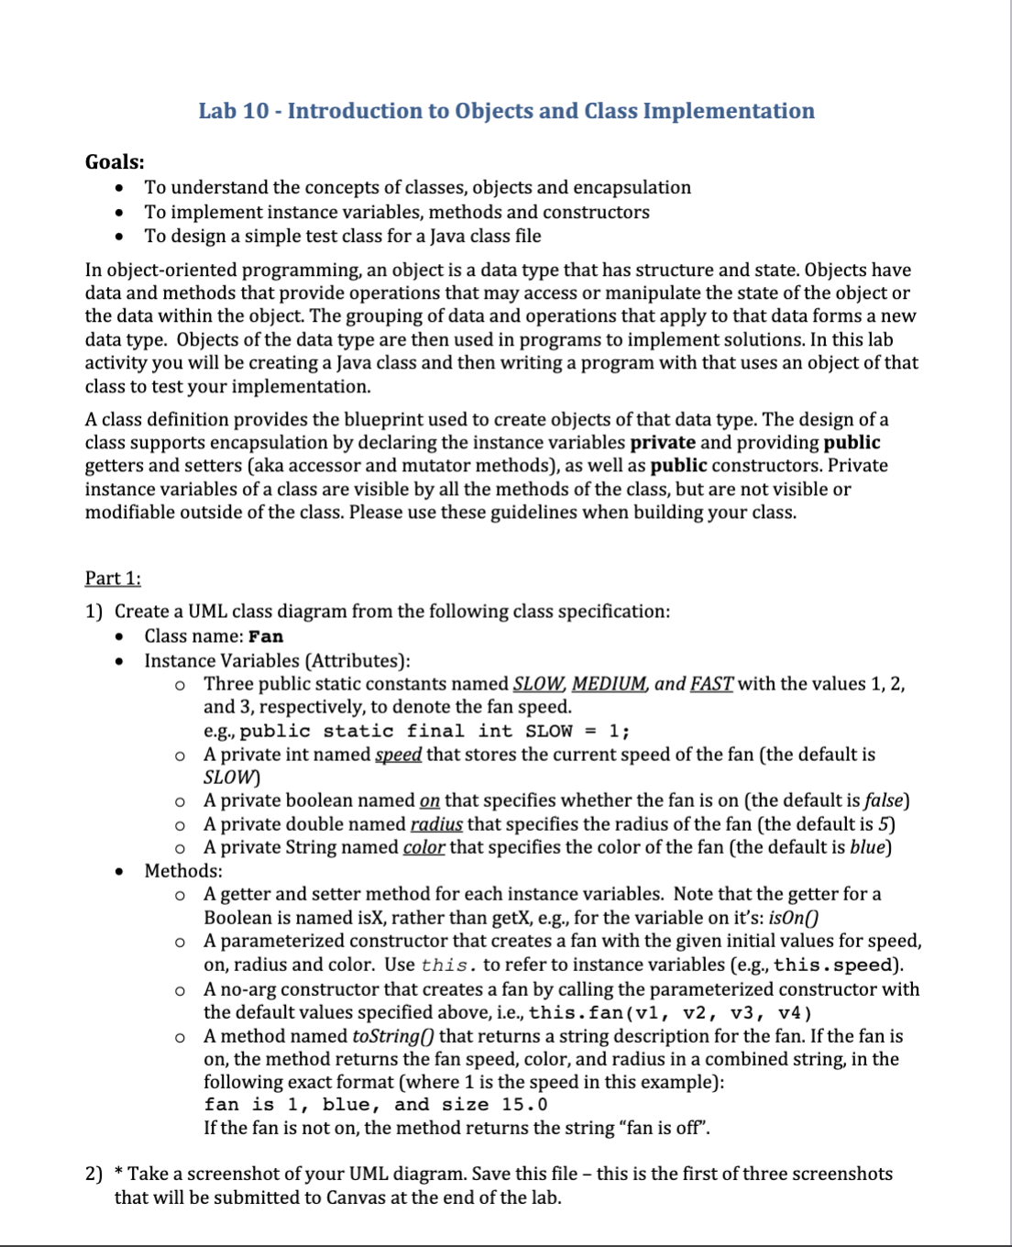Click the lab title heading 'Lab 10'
(506, 111)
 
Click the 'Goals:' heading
(115, 162)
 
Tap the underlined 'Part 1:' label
(113, 579)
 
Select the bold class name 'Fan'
(266, 636)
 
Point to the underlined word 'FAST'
(711, 684)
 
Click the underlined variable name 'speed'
(399, 755)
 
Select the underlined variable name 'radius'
(436, 824)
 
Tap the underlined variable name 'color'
(423, 847)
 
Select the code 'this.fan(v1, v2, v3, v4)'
(670, 1013)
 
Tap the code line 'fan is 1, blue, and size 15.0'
(376, 1105)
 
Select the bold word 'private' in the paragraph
(663, 443)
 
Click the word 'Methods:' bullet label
(183, 871)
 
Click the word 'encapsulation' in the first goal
(632, 188)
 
